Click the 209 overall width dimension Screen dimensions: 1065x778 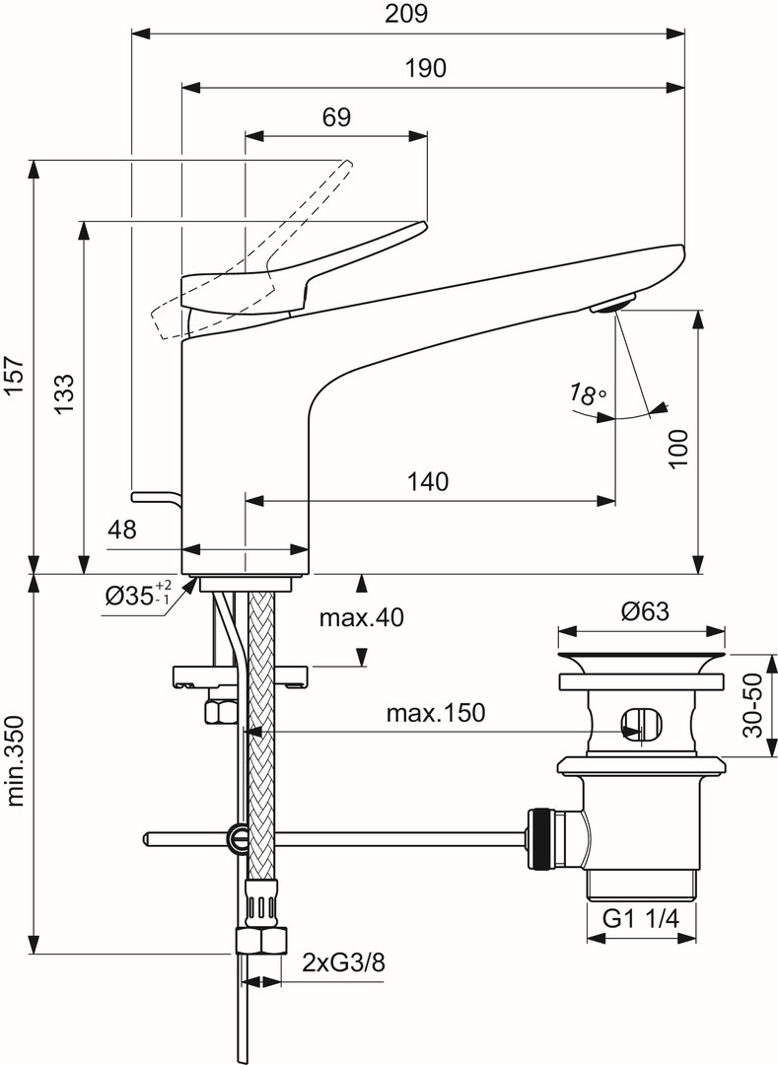(x=409, y=15)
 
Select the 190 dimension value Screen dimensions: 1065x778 (x=425, y=68)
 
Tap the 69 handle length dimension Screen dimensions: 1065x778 (x=336, y=117)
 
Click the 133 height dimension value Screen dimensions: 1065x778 (x=62, y=395)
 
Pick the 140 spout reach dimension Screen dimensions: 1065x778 (x=428, y=482)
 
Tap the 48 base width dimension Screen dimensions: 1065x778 (x=122, y=530)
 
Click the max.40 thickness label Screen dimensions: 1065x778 (x=362, y=618)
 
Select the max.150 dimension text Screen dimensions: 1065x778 (x=434, y=713)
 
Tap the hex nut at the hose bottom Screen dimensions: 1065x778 (x=261, y=940)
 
